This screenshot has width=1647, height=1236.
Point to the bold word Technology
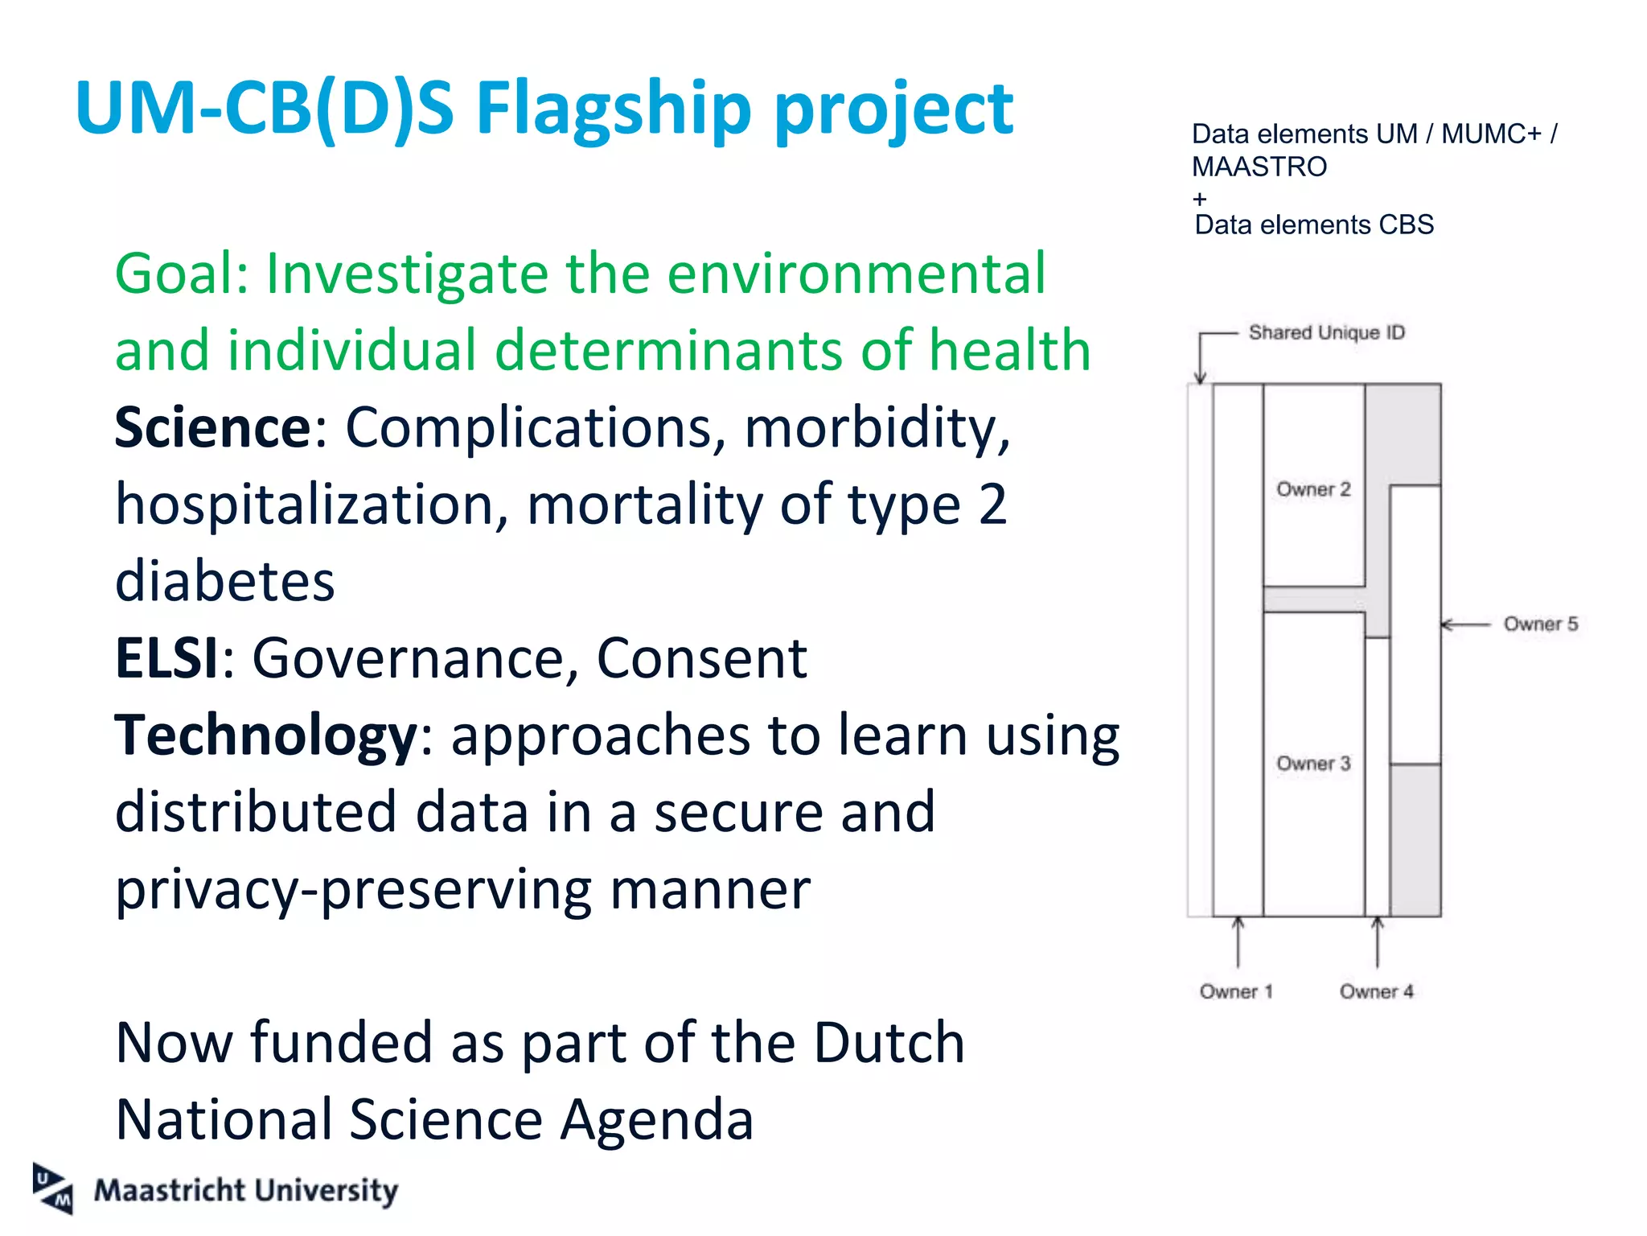click(265, 735)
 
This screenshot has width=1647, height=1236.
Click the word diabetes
click(224, 581)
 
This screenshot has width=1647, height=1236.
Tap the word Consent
click(701, 658)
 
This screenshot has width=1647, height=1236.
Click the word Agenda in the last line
click(656, 1120)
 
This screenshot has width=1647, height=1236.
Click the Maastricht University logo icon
click(53, 1189)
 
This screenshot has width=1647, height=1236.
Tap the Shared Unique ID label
click(1326, 332)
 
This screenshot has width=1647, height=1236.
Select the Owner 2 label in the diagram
click(1313, 489)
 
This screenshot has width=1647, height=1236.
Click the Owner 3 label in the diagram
click(1313, 763)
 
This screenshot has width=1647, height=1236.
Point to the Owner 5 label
click(1540, 624)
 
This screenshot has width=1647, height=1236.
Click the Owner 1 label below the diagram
click(1236, 991)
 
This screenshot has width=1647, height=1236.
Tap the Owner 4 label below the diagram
click(1376, 991)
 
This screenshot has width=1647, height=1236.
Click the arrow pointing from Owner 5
click(1464, 624)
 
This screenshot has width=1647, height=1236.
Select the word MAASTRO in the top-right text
click(1259, 167)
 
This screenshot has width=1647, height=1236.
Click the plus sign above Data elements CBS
click(1200, 198)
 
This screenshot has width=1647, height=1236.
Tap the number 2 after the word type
click(992, 505)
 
